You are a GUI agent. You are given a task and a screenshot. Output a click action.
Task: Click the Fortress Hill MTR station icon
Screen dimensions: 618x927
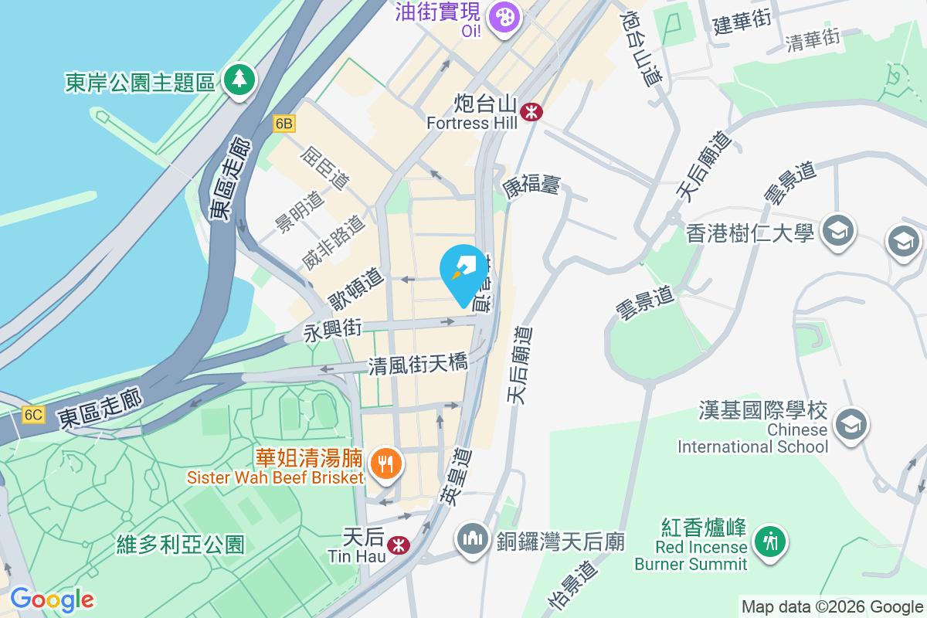(531, 112)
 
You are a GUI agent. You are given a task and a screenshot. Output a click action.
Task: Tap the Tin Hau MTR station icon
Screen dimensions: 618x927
(399, 545)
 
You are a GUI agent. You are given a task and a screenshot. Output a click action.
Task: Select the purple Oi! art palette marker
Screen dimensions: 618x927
(504, 16)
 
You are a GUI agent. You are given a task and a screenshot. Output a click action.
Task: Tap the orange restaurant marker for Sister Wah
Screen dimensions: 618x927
(385, 464)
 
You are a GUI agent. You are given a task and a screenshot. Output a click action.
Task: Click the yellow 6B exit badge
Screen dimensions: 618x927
(284, 123)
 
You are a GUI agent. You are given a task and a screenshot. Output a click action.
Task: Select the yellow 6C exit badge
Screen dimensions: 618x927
(32, 415)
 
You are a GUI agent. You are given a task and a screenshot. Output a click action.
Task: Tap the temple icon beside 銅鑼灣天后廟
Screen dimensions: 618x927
(470, 537)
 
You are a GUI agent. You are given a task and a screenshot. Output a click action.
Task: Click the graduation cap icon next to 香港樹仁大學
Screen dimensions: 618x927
(837, 229)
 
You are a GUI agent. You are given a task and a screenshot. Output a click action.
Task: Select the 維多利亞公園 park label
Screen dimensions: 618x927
(180, 545)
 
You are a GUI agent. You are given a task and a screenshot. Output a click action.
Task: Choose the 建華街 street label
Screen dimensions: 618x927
(742, 21)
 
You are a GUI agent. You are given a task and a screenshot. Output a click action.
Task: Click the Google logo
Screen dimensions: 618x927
(52, 599)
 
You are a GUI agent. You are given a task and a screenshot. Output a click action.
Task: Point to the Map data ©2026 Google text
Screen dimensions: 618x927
(832, 606)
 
